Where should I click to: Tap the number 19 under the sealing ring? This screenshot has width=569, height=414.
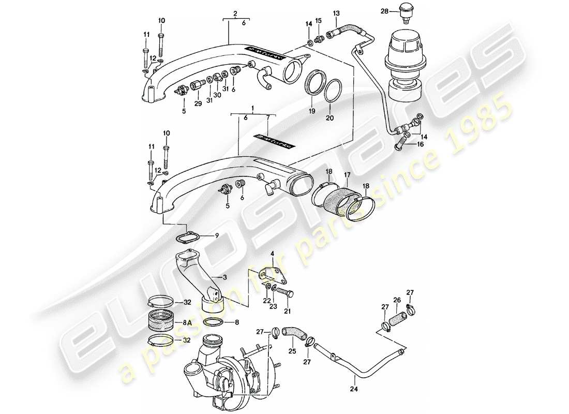point(312,111)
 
